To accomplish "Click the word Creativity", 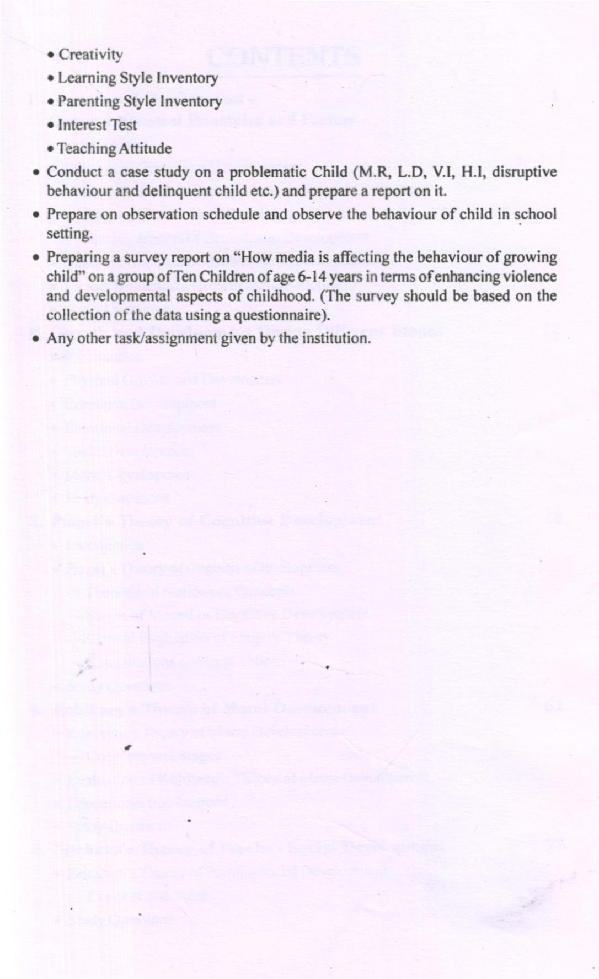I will (90, 55).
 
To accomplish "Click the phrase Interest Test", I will (97, 125).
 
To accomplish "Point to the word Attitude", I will (143, 149).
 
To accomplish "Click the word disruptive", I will (524, 173).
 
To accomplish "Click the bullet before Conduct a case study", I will (35, 173).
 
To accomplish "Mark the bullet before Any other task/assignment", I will (35, 338).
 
